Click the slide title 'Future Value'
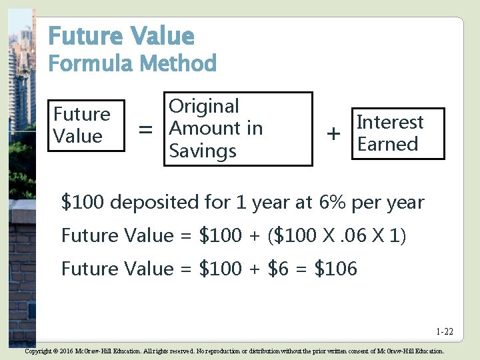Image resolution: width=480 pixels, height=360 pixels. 121,35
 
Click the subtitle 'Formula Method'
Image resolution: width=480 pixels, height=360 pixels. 133,64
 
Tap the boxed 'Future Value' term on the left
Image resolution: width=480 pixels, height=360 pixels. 82,125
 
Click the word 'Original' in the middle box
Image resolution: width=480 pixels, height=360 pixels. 203,106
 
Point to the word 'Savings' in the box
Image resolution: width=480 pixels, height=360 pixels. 203,151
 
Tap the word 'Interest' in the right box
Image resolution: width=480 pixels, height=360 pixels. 390,122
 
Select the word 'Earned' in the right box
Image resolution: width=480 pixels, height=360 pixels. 387,144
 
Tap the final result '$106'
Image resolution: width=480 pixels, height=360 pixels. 335,269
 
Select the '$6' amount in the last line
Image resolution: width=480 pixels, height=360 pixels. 280,269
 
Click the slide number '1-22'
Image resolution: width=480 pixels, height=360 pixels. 445,331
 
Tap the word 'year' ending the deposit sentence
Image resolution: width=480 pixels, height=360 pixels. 404,201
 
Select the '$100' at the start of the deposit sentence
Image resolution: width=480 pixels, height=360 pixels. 83,201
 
